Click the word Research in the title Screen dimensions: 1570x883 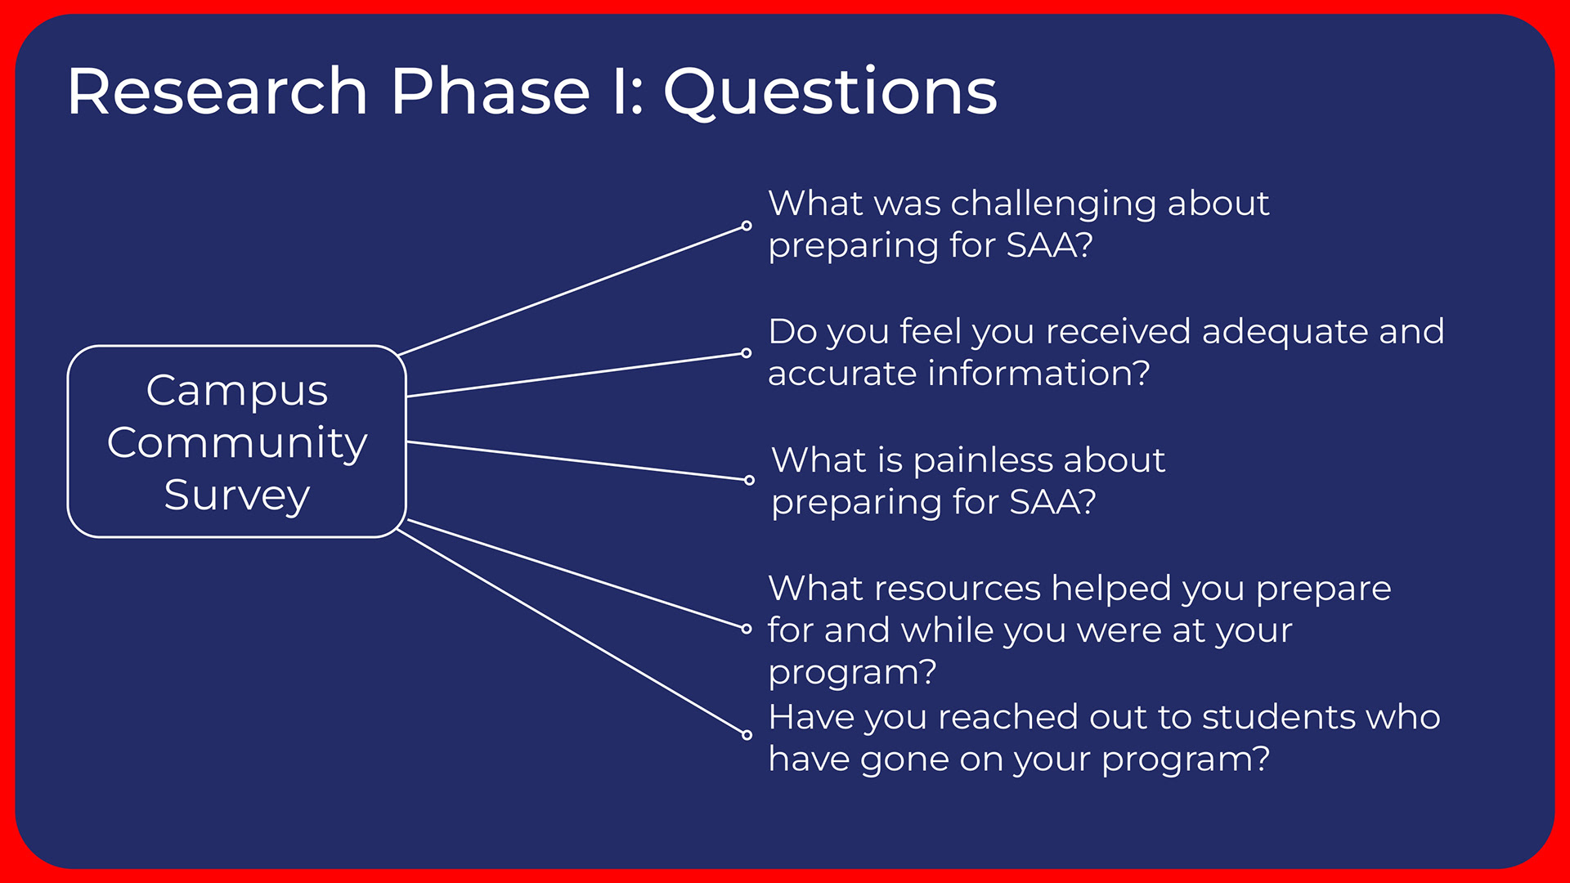218,91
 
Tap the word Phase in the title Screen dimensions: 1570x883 491,91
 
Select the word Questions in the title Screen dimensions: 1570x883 830,92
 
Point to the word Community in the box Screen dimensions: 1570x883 237,444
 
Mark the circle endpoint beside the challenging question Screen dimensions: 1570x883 747,226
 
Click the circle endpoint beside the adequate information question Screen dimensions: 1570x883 746,353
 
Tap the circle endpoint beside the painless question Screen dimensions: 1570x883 749,480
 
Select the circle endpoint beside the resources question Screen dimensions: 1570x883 746,629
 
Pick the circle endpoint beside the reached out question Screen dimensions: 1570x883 747,734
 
